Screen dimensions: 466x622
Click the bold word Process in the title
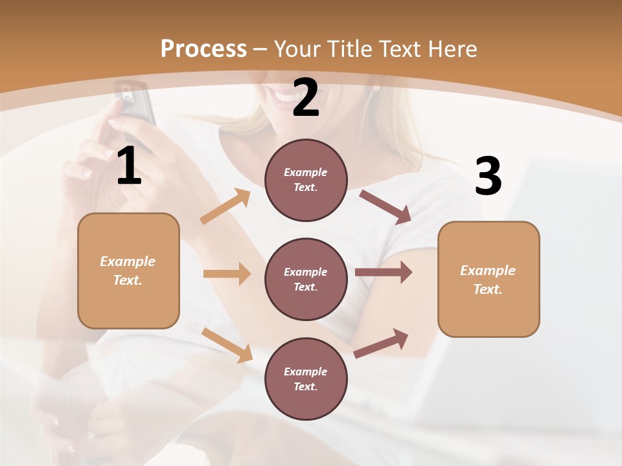point(203,49)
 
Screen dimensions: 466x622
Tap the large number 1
point(129,167)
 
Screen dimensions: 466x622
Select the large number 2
point(306,98)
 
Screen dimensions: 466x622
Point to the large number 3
point(488,177)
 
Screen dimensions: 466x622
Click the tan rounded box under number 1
point(128,271)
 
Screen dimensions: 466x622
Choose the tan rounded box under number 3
point(489,279)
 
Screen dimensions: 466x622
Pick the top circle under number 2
point(306,180)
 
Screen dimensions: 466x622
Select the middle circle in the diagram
point(306,279)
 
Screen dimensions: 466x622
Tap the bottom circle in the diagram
point(306,379)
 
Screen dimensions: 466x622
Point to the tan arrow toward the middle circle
point(227,274)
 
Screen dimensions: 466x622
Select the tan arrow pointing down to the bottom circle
point(227,345)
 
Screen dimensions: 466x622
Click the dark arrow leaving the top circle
point(386,206)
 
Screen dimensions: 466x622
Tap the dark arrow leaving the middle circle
point(384,272)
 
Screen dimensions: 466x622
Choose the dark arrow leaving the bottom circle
point(382,343)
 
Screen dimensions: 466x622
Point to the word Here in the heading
point(452,49)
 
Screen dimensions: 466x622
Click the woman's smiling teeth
point(284,98)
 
